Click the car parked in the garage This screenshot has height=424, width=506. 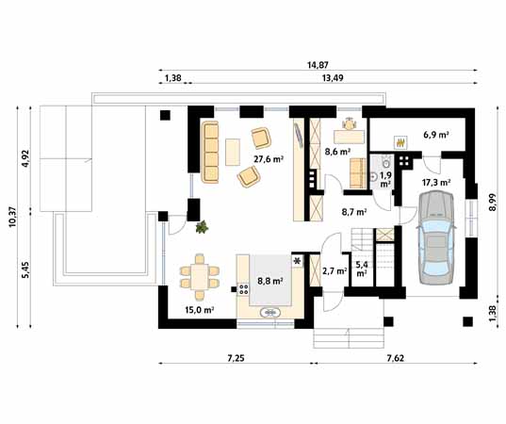(436, 237)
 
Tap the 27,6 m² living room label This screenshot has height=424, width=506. (269, 159)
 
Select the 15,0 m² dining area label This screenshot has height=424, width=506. (200, 310)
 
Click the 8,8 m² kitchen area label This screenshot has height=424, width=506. (270, 281)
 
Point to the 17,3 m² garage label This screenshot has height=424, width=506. (436, 183)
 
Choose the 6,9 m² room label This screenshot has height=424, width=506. (436, 135)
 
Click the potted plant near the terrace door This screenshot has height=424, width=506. (202, 227)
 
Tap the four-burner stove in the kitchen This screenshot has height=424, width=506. (243, 289)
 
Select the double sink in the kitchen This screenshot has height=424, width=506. (270, 313)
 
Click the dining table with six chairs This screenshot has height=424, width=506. (200, 276)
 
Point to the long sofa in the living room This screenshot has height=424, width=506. (210, 153)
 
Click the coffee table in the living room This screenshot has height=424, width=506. (233, 152)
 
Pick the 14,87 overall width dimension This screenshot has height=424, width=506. (318, 65)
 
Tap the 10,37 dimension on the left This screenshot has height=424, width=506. (12, 217)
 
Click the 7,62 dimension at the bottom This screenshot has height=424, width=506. (395, 358)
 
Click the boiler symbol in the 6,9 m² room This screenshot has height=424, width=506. (400, 142)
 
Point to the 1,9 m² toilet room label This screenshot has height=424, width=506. (385, 180)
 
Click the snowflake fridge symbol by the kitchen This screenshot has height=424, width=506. (297, 261)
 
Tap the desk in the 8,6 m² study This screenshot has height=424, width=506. (349, 137)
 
